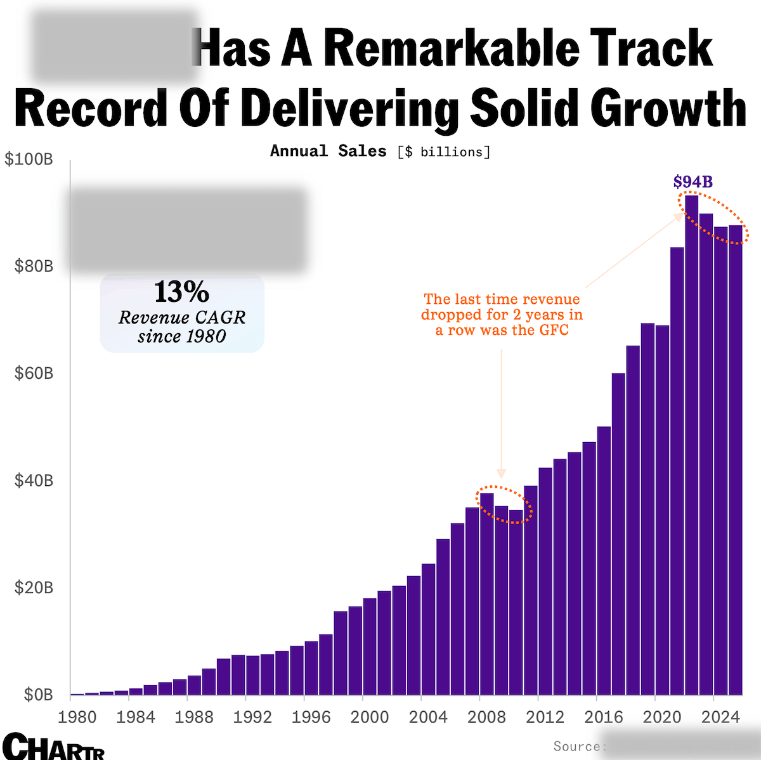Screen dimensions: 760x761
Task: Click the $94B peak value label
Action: click(693, 182)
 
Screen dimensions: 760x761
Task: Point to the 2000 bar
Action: click(370, 647)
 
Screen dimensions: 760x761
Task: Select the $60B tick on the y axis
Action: click(34, 373)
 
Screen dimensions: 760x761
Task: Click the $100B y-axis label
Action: click(29, 159)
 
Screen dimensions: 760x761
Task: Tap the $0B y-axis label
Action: click(38, 695)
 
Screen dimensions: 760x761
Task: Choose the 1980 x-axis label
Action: click(77, 717)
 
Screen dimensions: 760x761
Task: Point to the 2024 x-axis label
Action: click(720, 717)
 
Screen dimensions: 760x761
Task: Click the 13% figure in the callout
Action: click(181, 292)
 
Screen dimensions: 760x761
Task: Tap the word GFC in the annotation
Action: click(554, 330)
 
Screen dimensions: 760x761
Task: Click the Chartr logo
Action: click(53, 746)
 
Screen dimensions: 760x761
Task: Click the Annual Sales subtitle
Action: click(328, 151)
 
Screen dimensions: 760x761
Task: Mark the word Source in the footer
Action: click(576, 746)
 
